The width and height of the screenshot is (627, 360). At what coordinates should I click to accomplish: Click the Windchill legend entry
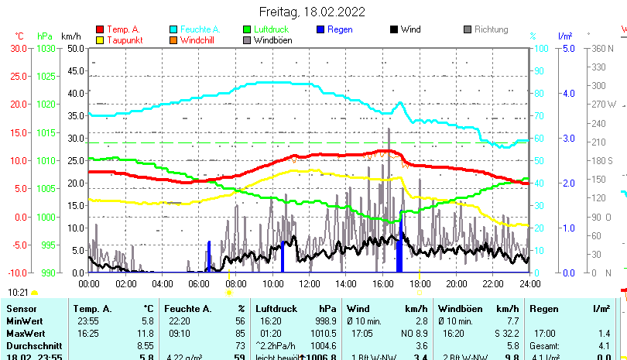point(199,39)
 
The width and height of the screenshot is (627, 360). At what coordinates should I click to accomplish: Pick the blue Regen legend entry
point(340,29)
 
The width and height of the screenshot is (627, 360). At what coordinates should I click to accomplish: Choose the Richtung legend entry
point(491,29)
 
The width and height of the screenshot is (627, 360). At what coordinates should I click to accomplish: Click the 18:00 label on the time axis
point(420,284)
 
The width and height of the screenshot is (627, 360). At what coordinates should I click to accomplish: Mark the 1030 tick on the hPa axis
point(46,48)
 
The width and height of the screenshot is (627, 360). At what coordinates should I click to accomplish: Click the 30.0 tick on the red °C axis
point(19,48)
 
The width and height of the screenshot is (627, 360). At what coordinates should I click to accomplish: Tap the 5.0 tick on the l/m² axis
point(567,48)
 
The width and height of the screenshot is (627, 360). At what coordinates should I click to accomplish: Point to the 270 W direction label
point(605,104)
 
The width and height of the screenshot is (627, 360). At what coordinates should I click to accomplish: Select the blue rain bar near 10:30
point(283,256)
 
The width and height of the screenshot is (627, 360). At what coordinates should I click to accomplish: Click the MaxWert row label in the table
point(26,333)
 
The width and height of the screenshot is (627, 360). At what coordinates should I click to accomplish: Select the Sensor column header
point(22,309)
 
